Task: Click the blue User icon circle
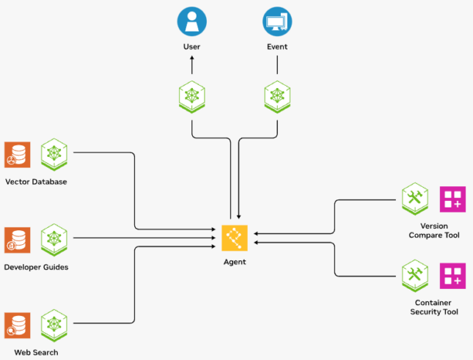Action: coord(191,21)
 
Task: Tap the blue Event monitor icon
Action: coord(277,21)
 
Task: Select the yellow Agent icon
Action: coord(235,238)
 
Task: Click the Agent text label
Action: coord(235,262)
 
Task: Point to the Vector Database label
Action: coord(36,181)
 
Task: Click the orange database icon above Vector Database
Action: coord(17,155)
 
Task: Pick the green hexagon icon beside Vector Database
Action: coord(54,154)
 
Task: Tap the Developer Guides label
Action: coord(36,267)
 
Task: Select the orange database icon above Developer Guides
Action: coord(17,240)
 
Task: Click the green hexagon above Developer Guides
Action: coord(54,240)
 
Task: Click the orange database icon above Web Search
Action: coord(17,325)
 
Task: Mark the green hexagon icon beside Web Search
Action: coord(54,325)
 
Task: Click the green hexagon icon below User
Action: coord(191,96)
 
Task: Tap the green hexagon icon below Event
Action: coord(277,96)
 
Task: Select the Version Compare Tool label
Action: coord(434,230)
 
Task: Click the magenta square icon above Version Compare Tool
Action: coord(452,199)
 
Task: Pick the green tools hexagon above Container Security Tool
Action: coord(415,275)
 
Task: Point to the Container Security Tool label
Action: coord(434,307)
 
